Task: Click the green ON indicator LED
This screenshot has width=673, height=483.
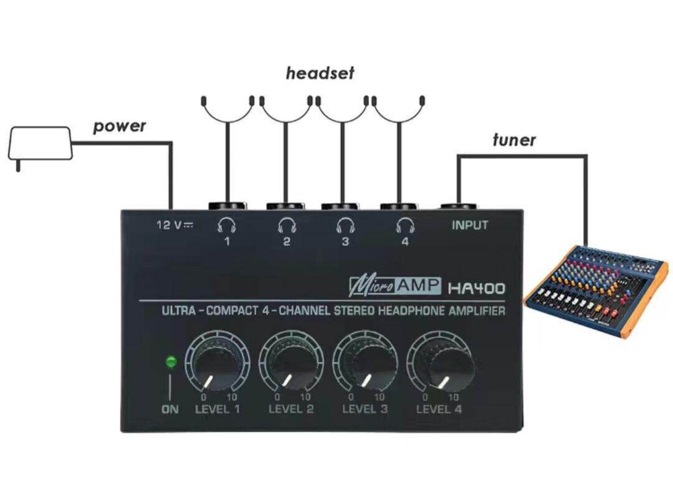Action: click(x=170, y=361)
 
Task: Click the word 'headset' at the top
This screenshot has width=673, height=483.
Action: click(x=320, y=73)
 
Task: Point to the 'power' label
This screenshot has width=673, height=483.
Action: click(x=119, y=126)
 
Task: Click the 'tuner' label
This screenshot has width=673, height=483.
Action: click(x=513, y=140)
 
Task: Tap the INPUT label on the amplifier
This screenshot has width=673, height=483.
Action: click(x=470, y=225)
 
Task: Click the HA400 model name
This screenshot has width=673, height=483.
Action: click(x=477, y=288)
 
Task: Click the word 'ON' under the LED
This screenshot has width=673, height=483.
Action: click(x=169, y=410)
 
